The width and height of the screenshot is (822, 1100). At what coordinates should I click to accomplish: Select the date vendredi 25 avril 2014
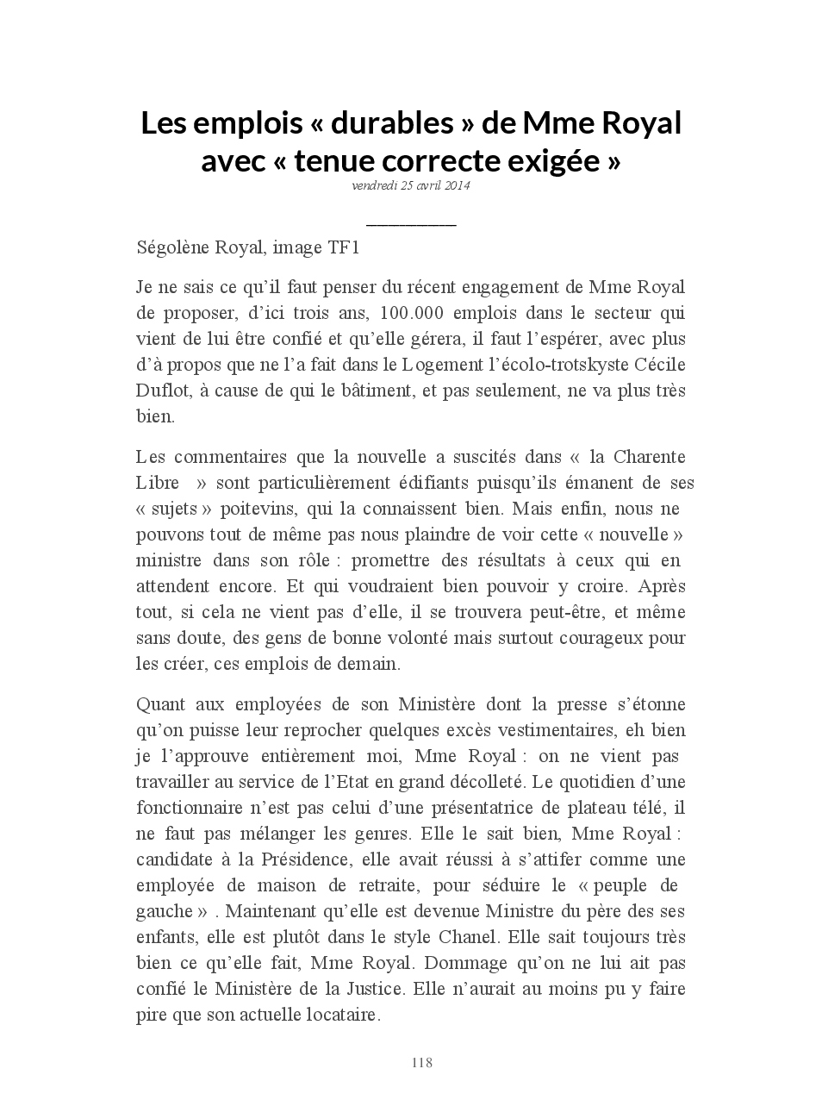[411, 185]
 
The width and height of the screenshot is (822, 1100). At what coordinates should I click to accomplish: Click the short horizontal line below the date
[411, 225]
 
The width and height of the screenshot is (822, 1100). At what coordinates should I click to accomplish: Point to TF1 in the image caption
[343, 248]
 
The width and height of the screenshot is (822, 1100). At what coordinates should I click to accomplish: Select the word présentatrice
[482, 808]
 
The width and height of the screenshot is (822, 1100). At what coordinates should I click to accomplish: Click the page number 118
[422, 1063]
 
